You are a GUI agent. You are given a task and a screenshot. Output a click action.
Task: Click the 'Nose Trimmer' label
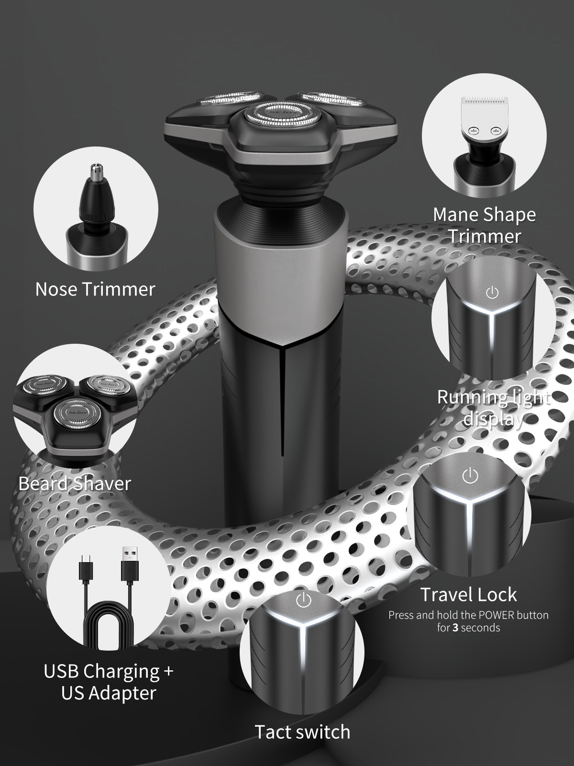tap(95, 290)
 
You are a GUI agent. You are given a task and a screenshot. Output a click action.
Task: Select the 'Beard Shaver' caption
tap(75, 484)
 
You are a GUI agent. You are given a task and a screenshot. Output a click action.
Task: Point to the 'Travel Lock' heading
tap(468, 594)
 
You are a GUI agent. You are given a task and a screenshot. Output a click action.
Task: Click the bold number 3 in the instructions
tap(455, 628)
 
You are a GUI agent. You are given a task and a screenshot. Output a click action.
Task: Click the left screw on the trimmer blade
tap(473, 131)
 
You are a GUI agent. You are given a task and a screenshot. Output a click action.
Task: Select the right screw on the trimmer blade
tap(495, 131)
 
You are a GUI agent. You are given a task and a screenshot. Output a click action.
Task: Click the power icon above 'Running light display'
tap(492, 293)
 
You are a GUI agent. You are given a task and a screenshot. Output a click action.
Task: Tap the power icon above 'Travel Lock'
tap(470, 475)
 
